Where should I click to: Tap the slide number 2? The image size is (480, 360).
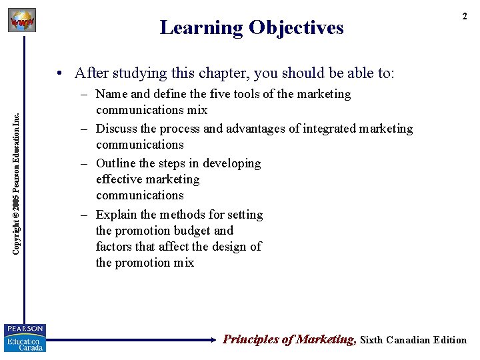point(465,16)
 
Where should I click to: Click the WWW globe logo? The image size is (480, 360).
point(21,20)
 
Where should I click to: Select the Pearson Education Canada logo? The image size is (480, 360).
point(25,338)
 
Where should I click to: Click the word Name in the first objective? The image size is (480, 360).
point(112,94)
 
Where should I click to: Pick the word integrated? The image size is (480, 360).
point(323,129)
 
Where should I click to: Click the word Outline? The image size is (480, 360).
point(117,163)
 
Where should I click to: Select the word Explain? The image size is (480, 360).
point(117,215)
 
